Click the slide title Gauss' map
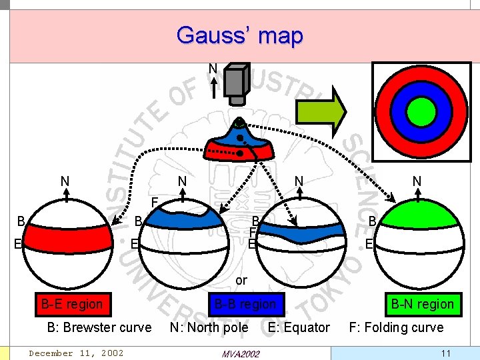(x=240, y=35)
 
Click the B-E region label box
(x=72, y=304)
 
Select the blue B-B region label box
(x=245, y=304)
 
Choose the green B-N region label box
(x=422, y=304)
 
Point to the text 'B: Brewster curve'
(x=99, y=327)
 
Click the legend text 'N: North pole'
(x=209, y=327)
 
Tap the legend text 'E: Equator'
(x=299, y=327)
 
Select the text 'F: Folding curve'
(x=396, y=327)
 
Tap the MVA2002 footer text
(x=239, y=353)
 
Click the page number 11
(x=446, y=353)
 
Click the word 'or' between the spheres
(x=241, y=281)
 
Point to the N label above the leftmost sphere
(x=65, y=181)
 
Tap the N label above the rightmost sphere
(x=417, y=181)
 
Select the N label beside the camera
(x=213, y=69)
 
